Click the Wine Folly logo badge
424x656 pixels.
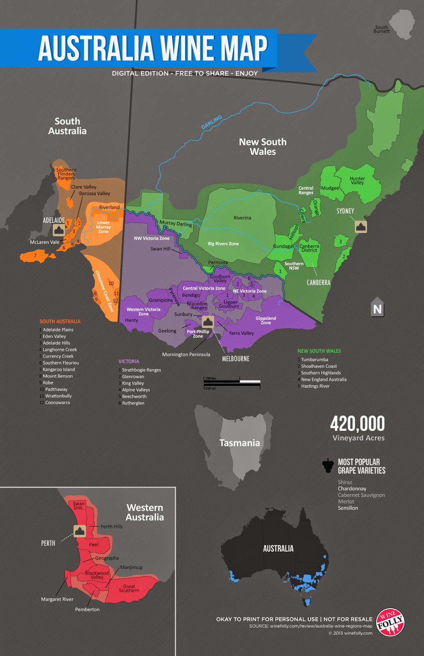(390, 622)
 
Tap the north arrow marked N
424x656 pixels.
(377, 307)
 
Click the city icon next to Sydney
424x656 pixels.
(361, 226)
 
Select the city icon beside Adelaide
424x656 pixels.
(59, 230)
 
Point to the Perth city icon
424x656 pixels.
(79, 531)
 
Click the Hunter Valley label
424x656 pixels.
(357, 180)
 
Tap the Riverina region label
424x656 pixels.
(242, 218)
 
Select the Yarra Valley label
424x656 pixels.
(241, 333)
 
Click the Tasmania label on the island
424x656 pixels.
(240, 443)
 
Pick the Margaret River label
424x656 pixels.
(57, 599)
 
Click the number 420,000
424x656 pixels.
(357, 424)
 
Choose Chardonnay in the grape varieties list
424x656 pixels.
(352, 489)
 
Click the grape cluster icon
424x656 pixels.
(328, 465)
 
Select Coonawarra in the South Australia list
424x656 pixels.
(57, 403)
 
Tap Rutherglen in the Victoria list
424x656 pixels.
(133, 403)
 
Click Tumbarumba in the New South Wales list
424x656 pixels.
(314, 360)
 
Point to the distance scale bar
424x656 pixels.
(232, 382)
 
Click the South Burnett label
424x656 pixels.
(381, 29)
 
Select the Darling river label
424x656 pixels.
(211, 122)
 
